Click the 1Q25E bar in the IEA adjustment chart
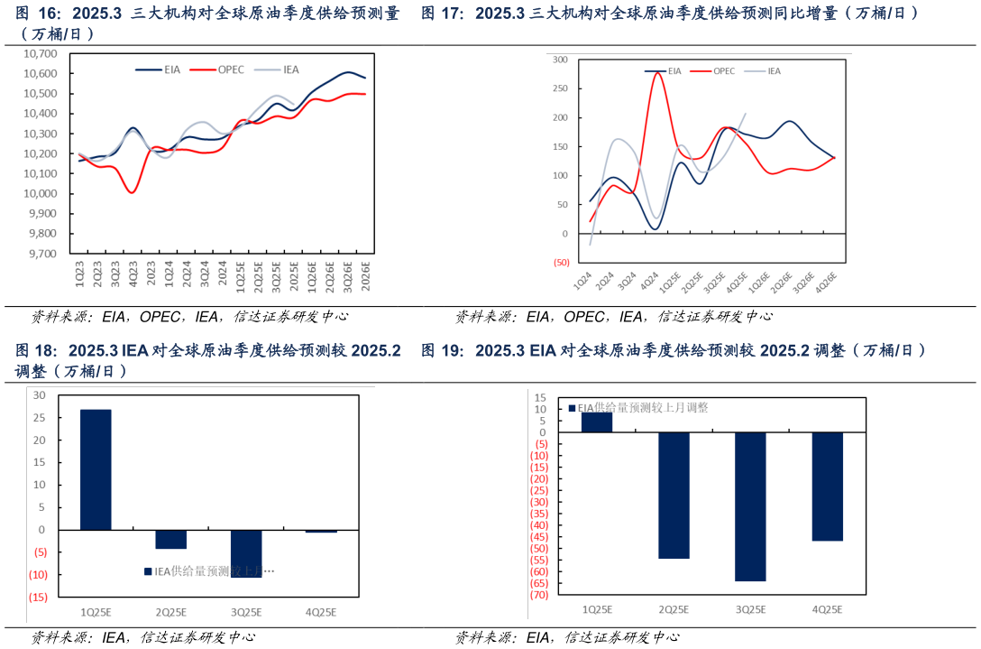click(96, 469)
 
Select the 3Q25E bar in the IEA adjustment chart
click(245, 552)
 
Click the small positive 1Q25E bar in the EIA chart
click(596, 422)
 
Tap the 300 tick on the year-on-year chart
click(560, 60)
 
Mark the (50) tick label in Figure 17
click(559, 263)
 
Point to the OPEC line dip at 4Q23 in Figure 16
click(133, 191)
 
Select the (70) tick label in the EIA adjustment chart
click(539, 595)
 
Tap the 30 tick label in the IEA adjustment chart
click(39, 395)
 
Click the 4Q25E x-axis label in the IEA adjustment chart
click(320, 612)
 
